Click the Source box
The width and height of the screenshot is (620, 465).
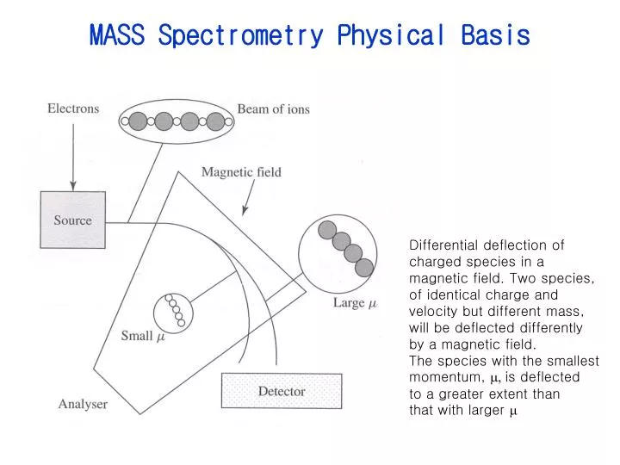click(72, 220)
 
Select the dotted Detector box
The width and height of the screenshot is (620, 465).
click(282, 391)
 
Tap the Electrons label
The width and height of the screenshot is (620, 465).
click(72, 108)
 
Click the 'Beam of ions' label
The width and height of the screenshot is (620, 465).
click(273, 109)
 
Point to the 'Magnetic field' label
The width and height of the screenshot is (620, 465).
click(241, 172)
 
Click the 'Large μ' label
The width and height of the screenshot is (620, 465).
click(355, 303)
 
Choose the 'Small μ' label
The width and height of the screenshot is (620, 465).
click(142, 337)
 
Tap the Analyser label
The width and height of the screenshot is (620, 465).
click(83, 403)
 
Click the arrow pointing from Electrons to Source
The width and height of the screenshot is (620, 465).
click(73, 155)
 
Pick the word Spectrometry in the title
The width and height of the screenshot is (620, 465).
click(241, 36)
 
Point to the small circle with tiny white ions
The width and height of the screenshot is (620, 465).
click(174, 311)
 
